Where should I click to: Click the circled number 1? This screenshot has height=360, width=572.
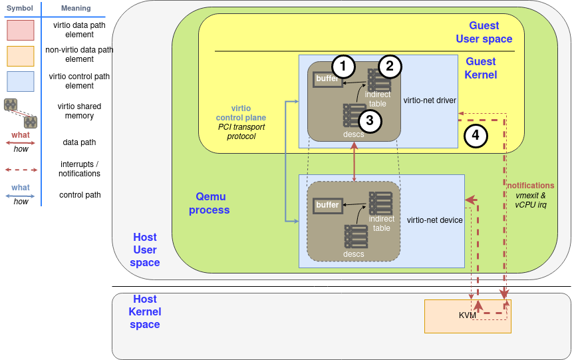(x=343, y=66)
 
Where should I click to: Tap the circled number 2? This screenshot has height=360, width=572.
(x=390, y=66)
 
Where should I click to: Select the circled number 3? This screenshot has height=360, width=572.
(x=370, y=120)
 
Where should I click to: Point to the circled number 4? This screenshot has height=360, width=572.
(x=475, y=136)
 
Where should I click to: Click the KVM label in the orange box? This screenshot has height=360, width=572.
(x=468, y=315)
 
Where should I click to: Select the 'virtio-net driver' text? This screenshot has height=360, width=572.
(x=430, y=100)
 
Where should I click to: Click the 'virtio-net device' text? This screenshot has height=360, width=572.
(x=434, y=220)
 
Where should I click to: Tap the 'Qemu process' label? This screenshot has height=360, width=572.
(x=209, y=203)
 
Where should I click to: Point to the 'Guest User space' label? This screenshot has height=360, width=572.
(x=484, y=32)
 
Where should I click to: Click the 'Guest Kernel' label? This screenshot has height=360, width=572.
(x=480, y=68)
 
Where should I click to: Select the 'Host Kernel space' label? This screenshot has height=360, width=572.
(x=145, y=312)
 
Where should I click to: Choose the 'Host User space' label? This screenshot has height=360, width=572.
(x=145, y=250)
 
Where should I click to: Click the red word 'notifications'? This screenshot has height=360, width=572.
(x=530, y=185)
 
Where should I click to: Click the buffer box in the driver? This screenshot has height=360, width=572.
(x=327, y=79)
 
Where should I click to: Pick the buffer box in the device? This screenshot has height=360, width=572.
(x=328, y=205)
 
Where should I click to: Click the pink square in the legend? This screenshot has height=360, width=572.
(x=20, y=31)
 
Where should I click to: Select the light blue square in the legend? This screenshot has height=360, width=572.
(x=20, y=81)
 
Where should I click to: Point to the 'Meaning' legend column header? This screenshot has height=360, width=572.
(x=76, y=8)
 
